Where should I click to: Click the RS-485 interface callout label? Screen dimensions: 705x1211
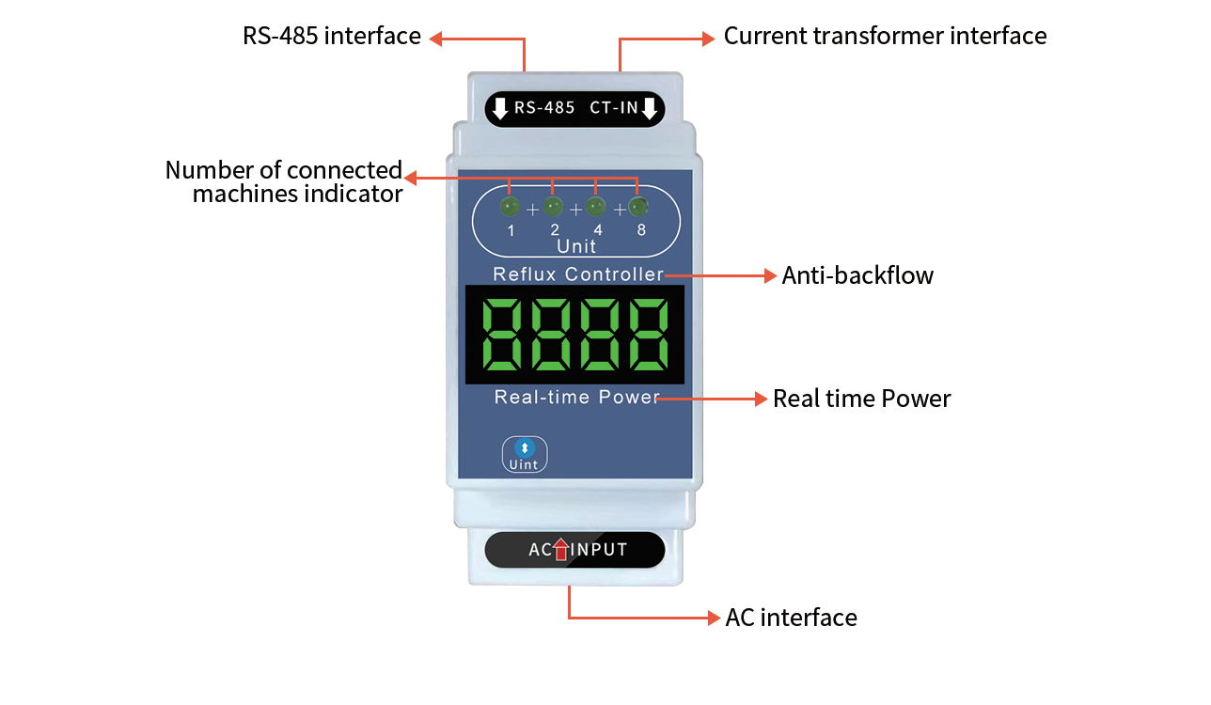coord(331,37)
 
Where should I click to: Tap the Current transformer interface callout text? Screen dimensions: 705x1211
coord(885,37)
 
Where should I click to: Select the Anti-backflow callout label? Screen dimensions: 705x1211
coord(857,275)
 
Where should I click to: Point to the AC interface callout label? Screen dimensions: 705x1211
coord(791,618)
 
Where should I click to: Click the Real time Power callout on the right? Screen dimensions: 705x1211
coord(861,399)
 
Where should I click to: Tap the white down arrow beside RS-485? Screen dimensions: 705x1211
coord(500,108)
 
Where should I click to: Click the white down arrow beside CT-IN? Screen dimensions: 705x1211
coord(649,108)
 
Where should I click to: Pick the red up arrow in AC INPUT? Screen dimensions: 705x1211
coord(561,549)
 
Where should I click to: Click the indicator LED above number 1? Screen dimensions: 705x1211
coord(510,206)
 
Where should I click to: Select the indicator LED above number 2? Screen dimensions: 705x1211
coord(554,206)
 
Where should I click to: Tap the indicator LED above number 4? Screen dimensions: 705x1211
coord(596,206)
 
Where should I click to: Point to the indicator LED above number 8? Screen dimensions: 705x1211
coord(638,206)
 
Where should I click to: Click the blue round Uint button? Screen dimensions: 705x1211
coord(525,448)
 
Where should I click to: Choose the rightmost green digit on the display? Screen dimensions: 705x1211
coord(650,335)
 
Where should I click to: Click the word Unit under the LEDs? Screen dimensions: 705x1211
coord(576,246)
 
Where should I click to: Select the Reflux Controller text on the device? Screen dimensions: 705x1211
coord(578,274)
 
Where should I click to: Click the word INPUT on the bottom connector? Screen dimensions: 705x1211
coord(601,550)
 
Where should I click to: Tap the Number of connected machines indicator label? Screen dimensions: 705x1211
coord(284,182)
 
